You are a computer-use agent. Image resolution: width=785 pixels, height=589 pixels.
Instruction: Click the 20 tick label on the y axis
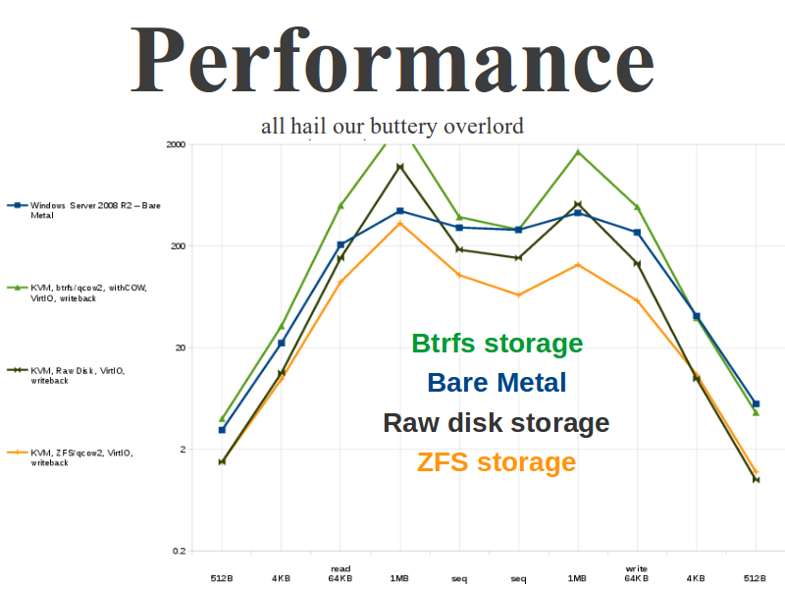coord(179,348)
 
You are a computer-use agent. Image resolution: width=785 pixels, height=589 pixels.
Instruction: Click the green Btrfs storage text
coord(497,344)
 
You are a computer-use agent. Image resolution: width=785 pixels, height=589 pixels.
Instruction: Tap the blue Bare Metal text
coord(497,383)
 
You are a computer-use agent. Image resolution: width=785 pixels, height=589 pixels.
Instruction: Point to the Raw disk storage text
coord(497,423)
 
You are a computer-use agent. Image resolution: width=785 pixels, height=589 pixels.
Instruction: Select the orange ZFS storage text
coord(497,462)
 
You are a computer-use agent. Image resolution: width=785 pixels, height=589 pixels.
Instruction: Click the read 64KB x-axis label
coord(340,573)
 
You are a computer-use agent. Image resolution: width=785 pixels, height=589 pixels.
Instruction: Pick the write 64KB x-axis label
coord(637,573)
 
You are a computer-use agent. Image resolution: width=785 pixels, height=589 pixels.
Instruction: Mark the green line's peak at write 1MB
coord(578,152)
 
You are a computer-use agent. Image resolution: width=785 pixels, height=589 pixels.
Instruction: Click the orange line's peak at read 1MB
coord(399,224)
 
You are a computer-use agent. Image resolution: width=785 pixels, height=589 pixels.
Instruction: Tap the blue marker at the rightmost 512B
coord(756,403)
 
